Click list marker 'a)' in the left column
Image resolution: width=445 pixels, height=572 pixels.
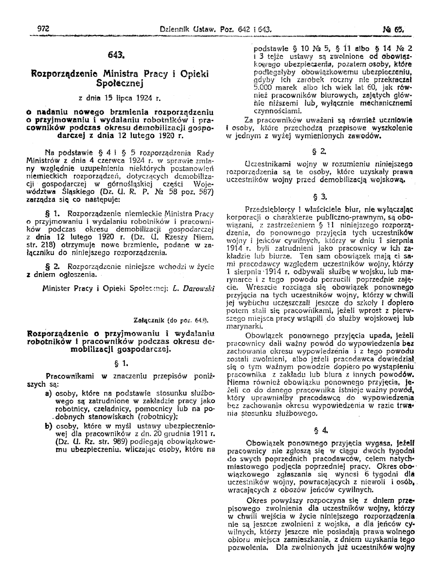tap(48, 392)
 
